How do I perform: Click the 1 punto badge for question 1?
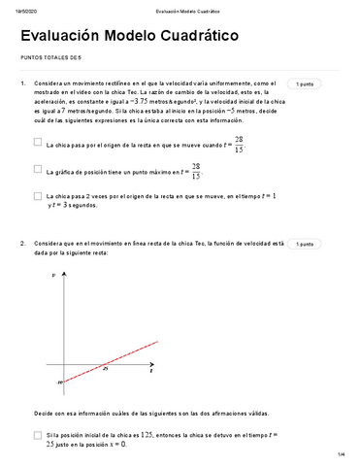point(305,84)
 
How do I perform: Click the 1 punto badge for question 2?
point(305,245)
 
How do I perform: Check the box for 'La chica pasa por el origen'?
point(37,142)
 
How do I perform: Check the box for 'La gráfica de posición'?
point(37,170)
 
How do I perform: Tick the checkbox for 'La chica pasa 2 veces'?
point(37,197)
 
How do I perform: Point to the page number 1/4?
point(341,455)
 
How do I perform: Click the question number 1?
point(21,84)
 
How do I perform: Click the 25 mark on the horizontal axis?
point(104,370)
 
